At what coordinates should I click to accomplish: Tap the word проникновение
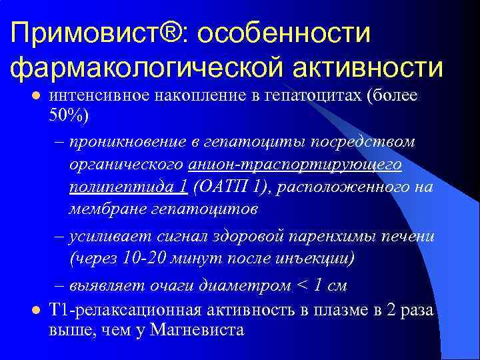(x=134, y=142)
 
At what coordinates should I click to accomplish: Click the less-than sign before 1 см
(x=303, y=285)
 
